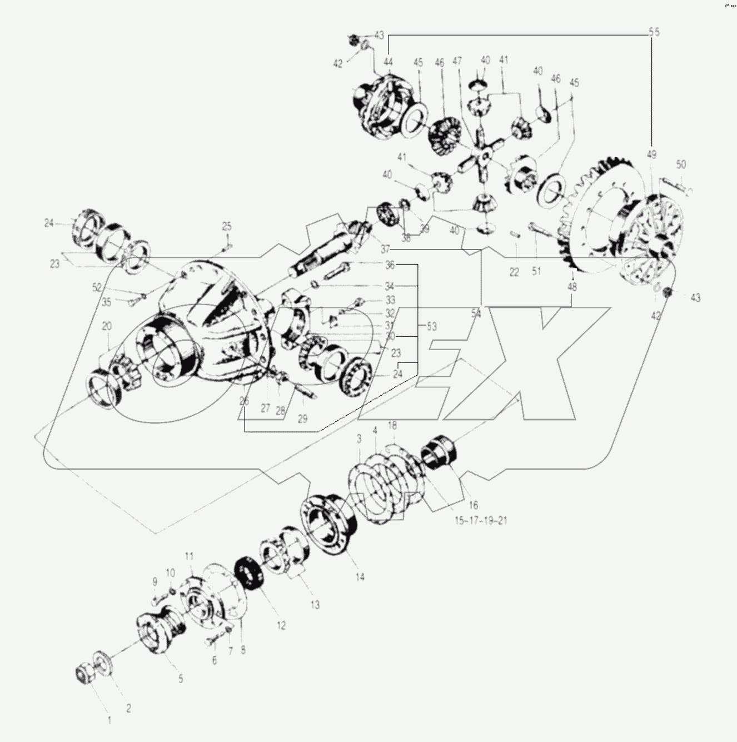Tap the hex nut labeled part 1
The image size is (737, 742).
tap(84, 674)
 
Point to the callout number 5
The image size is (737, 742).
tap(180, 679)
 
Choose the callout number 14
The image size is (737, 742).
tap(360, 577)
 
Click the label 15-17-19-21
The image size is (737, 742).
tap(481, 521)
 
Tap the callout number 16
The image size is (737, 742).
tap(473, 505)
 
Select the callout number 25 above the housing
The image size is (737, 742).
tap(227, 226)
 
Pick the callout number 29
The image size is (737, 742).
tap(302, 419)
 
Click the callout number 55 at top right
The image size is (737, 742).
tap(654, 32)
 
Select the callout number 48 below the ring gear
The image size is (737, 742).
tap(572, 287)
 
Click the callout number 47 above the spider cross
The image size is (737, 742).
tap(457, 60)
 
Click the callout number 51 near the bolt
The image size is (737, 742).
tap(536, 271)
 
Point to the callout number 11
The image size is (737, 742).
tap(190, 556)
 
